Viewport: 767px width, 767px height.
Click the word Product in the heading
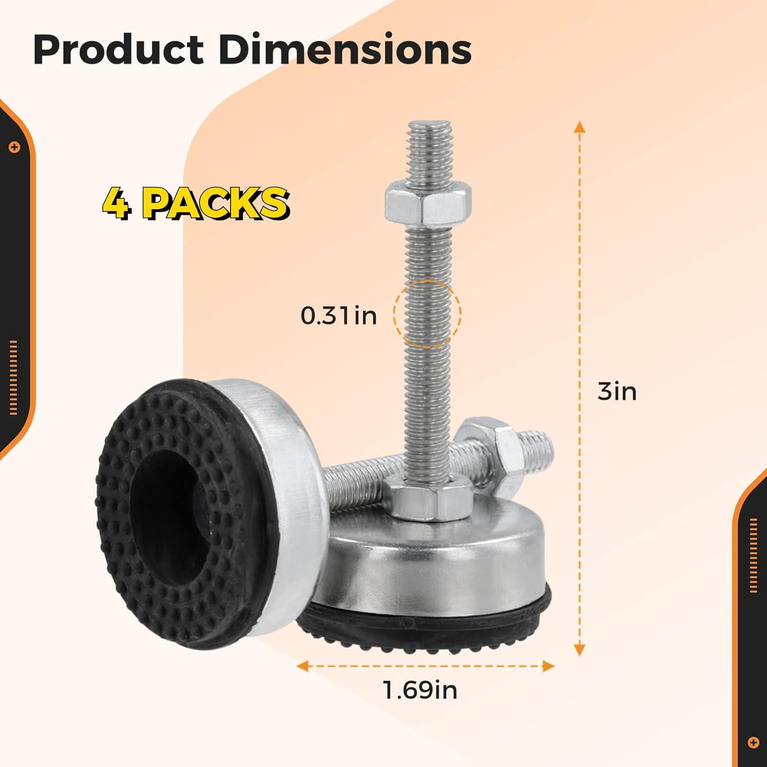(118, 50)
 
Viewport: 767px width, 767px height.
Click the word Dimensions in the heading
(345, 50)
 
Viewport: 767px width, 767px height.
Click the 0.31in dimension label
(339, 315)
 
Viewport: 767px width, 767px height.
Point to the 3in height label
(617, 392)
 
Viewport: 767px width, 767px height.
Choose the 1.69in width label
(420, 690)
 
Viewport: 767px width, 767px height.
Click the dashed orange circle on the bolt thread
(427, 314)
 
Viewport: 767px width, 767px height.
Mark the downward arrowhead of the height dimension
(579, 649)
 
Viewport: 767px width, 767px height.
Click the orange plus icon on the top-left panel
(14, 147)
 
